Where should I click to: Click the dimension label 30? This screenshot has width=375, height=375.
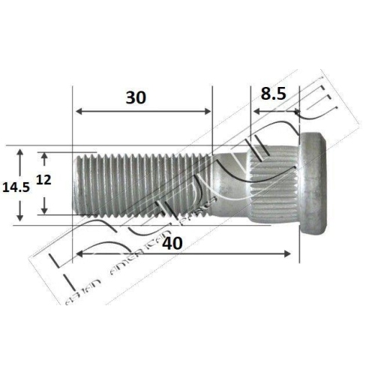pos(136,97)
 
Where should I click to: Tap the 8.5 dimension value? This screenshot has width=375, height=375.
pos(274,94)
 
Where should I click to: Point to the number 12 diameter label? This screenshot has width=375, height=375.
pos(44,180)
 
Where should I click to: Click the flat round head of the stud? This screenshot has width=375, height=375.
pos(313,184)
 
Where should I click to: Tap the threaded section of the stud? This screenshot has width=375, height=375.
pos(142,184)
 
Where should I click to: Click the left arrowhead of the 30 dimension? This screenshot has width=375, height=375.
pos(77,112)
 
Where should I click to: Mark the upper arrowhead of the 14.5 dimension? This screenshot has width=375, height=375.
pos(21,151)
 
